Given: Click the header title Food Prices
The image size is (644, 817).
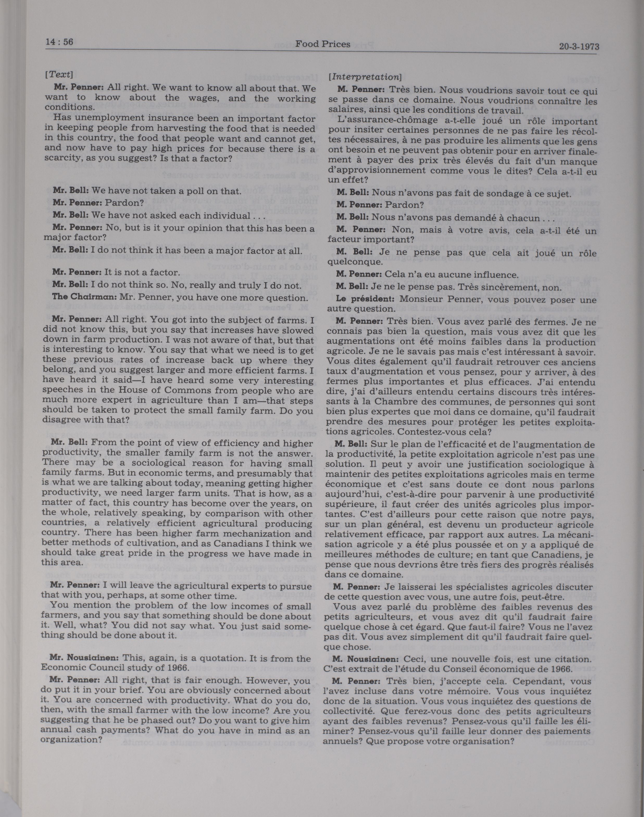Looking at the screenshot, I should tap(322, 45).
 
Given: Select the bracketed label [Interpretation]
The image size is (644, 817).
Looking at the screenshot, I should tap(365, 77).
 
